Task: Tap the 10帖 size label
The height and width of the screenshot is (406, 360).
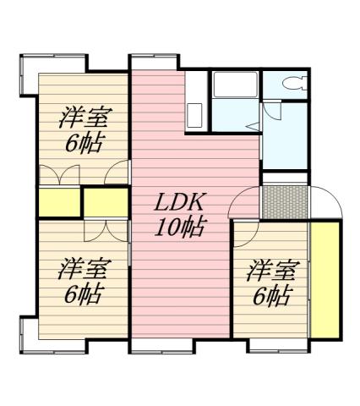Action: tap(179, 227)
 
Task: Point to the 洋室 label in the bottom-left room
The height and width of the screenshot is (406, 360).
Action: tap(82, 271)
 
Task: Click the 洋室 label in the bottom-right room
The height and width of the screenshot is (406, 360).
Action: tap(272, 272)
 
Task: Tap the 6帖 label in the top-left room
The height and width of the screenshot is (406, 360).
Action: tap(83, 141)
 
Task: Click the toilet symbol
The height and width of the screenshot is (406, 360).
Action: tap(296, 85)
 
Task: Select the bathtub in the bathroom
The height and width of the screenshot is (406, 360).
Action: tap(236, 85)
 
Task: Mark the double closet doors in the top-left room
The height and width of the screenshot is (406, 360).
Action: tap(57, 174)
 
